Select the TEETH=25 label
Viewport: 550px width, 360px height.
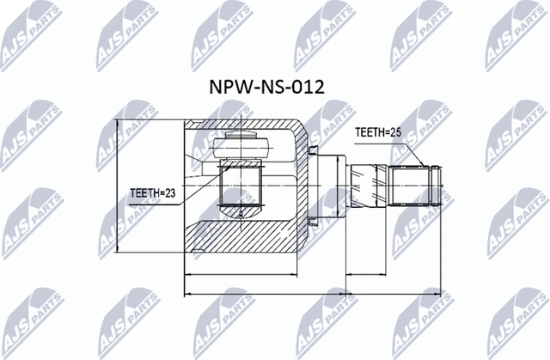click(379, 133)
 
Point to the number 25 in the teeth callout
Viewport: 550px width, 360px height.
click(395, 133)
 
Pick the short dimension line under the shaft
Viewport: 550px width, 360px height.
click(394, 275)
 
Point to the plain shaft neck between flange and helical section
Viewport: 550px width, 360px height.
click(345, 184)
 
